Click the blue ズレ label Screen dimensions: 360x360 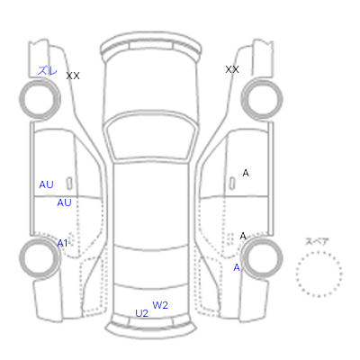(x=47, y=70)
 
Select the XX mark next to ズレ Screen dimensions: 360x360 (x=73, y=76)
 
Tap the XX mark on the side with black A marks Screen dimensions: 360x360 (x=232, y=69)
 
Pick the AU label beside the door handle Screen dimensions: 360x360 (x=46, y=184)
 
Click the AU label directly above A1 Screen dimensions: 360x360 (x=64, y=202)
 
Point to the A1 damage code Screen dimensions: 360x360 (x=62, y=243)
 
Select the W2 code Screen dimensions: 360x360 (x=160, y=305)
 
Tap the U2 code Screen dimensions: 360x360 (x=142, y=313)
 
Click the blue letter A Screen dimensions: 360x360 (x=237, y=267)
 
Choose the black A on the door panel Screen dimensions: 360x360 (x=246, y=173)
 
